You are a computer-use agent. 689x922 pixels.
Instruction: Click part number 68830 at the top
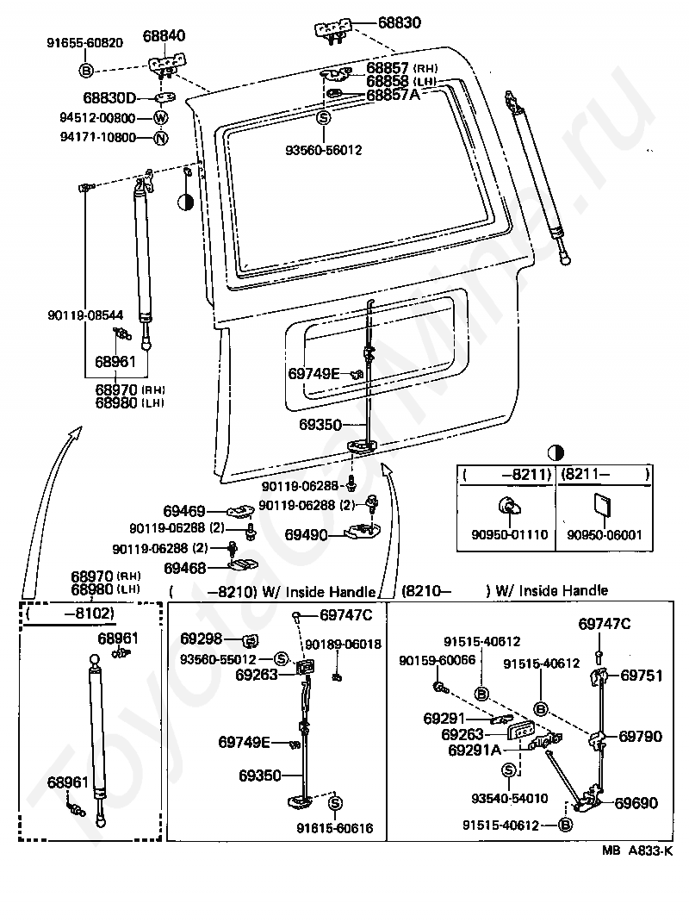click(399, 22)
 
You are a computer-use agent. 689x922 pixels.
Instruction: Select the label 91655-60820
click(85, 43)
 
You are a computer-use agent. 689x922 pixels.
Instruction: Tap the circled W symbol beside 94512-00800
click(161, 117)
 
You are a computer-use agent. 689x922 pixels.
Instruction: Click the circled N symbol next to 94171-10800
click(161, 138)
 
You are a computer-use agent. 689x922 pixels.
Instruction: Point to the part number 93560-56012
click(323, 150)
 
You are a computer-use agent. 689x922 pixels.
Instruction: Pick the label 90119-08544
click(86, 315)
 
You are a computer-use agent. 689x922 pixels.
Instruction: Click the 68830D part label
click(109, 97)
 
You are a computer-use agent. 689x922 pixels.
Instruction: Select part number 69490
click(306, 534)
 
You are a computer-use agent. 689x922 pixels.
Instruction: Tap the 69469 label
click(184, 511)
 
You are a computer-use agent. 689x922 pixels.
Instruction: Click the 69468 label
click(184, 568)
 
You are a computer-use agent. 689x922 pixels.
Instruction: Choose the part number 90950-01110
click(510, 535)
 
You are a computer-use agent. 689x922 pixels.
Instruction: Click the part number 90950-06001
click(605, 535)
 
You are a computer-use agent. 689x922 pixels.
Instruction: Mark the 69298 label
click(201, 639)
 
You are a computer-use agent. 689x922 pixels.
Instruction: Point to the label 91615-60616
click(334, 828)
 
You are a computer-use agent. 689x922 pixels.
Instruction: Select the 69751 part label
click(642, 676)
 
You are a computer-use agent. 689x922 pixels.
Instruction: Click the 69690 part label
click(636, 803)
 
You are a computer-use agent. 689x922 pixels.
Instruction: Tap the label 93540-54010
click(510, 799)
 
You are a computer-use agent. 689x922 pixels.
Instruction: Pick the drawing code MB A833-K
click(637, 850)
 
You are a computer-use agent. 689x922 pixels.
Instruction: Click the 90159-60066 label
click(438, 660)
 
